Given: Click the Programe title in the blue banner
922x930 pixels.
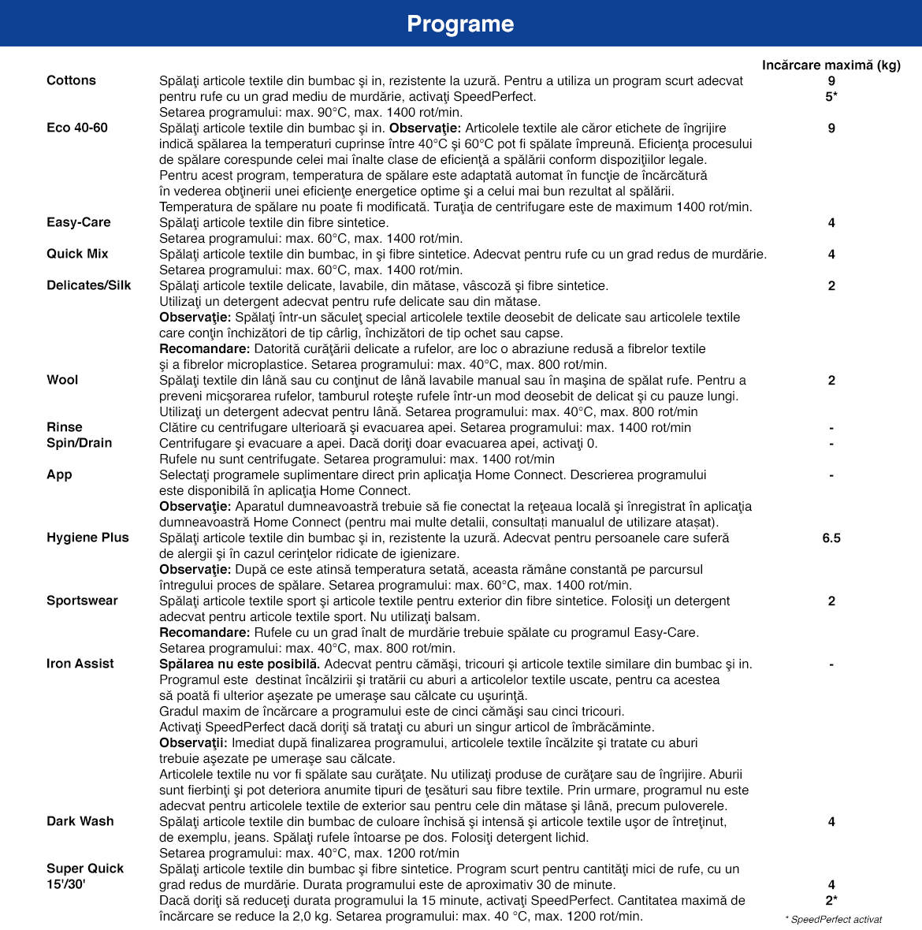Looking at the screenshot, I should coord(460,24).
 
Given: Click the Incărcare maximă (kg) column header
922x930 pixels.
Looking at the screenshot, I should coord(831,65).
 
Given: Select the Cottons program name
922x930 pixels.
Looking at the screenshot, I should coord(71,80).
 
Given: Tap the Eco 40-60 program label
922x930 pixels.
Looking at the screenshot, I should coord(77,128).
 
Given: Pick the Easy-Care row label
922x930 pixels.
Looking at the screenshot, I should coord(79,222).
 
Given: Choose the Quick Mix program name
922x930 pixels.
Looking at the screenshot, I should coord(77,254).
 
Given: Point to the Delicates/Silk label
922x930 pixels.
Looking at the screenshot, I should coord(89,285).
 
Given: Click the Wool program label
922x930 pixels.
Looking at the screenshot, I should coord(62,380).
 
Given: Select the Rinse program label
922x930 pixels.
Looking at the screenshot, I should coord(65,427).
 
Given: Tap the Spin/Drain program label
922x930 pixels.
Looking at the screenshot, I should coord(80,443).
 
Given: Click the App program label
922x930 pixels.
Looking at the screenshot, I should coord(59,474).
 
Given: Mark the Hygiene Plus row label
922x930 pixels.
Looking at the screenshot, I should coord(87,538).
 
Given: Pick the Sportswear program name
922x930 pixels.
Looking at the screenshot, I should coord(82,601).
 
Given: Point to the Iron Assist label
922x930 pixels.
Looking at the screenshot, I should coord(80,664).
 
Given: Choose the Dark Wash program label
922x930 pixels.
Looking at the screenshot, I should coord(80,821).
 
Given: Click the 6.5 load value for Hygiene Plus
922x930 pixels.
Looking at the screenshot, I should coord(831,538).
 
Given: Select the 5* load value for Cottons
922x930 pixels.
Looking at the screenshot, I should coord(831,96).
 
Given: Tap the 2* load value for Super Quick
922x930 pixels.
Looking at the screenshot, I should coord(831,900).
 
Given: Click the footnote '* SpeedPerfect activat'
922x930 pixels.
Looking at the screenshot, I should coord(834,919).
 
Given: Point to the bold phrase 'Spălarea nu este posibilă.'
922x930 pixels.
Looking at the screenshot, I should coord(240,664).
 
